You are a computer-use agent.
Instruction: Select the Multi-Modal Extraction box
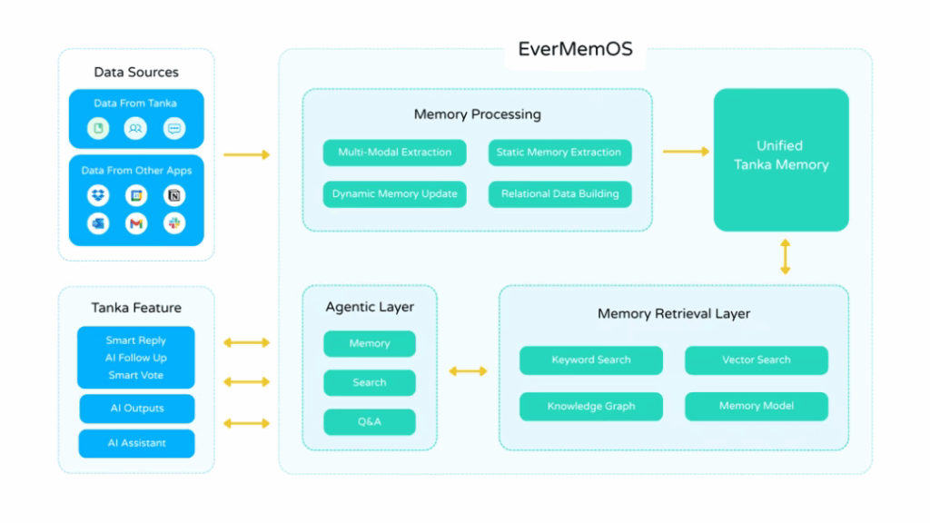click(x=394, y=153)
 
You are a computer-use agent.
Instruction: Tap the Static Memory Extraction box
click(x=559, y=153)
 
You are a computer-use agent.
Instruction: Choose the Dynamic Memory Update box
click(x=394, y=193)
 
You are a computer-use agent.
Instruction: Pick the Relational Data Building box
click(x=559, y=193)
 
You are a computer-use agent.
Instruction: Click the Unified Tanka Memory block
click(x=781, y=159)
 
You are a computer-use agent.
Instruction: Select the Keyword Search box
click(x=590, y=360)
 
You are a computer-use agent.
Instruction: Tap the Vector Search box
click(x=756, y=360)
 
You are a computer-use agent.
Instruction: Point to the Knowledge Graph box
click(x=590, y=407)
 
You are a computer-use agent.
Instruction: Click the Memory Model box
click(x=756, y=407)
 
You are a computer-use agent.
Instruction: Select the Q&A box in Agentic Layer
click(x=370, y=422)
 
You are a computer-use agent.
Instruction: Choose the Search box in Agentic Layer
click(x=370, y=382)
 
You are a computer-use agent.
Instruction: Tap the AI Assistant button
click(x=136, y=443)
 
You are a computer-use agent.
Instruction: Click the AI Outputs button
click(x=136, y=409)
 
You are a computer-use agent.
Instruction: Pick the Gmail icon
click(x=136, y=223)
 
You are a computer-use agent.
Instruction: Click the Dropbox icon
click(x=98, y=195)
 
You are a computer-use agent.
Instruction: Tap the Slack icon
click(x=174, y=223)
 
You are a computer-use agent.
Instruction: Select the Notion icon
click(x=174, y=195)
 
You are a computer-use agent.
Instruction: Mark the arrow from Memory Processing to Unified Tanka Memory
click(x=686, y=152)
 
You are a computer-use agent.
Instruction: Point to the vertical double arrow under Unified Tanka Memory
click(x=785, y=257)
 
